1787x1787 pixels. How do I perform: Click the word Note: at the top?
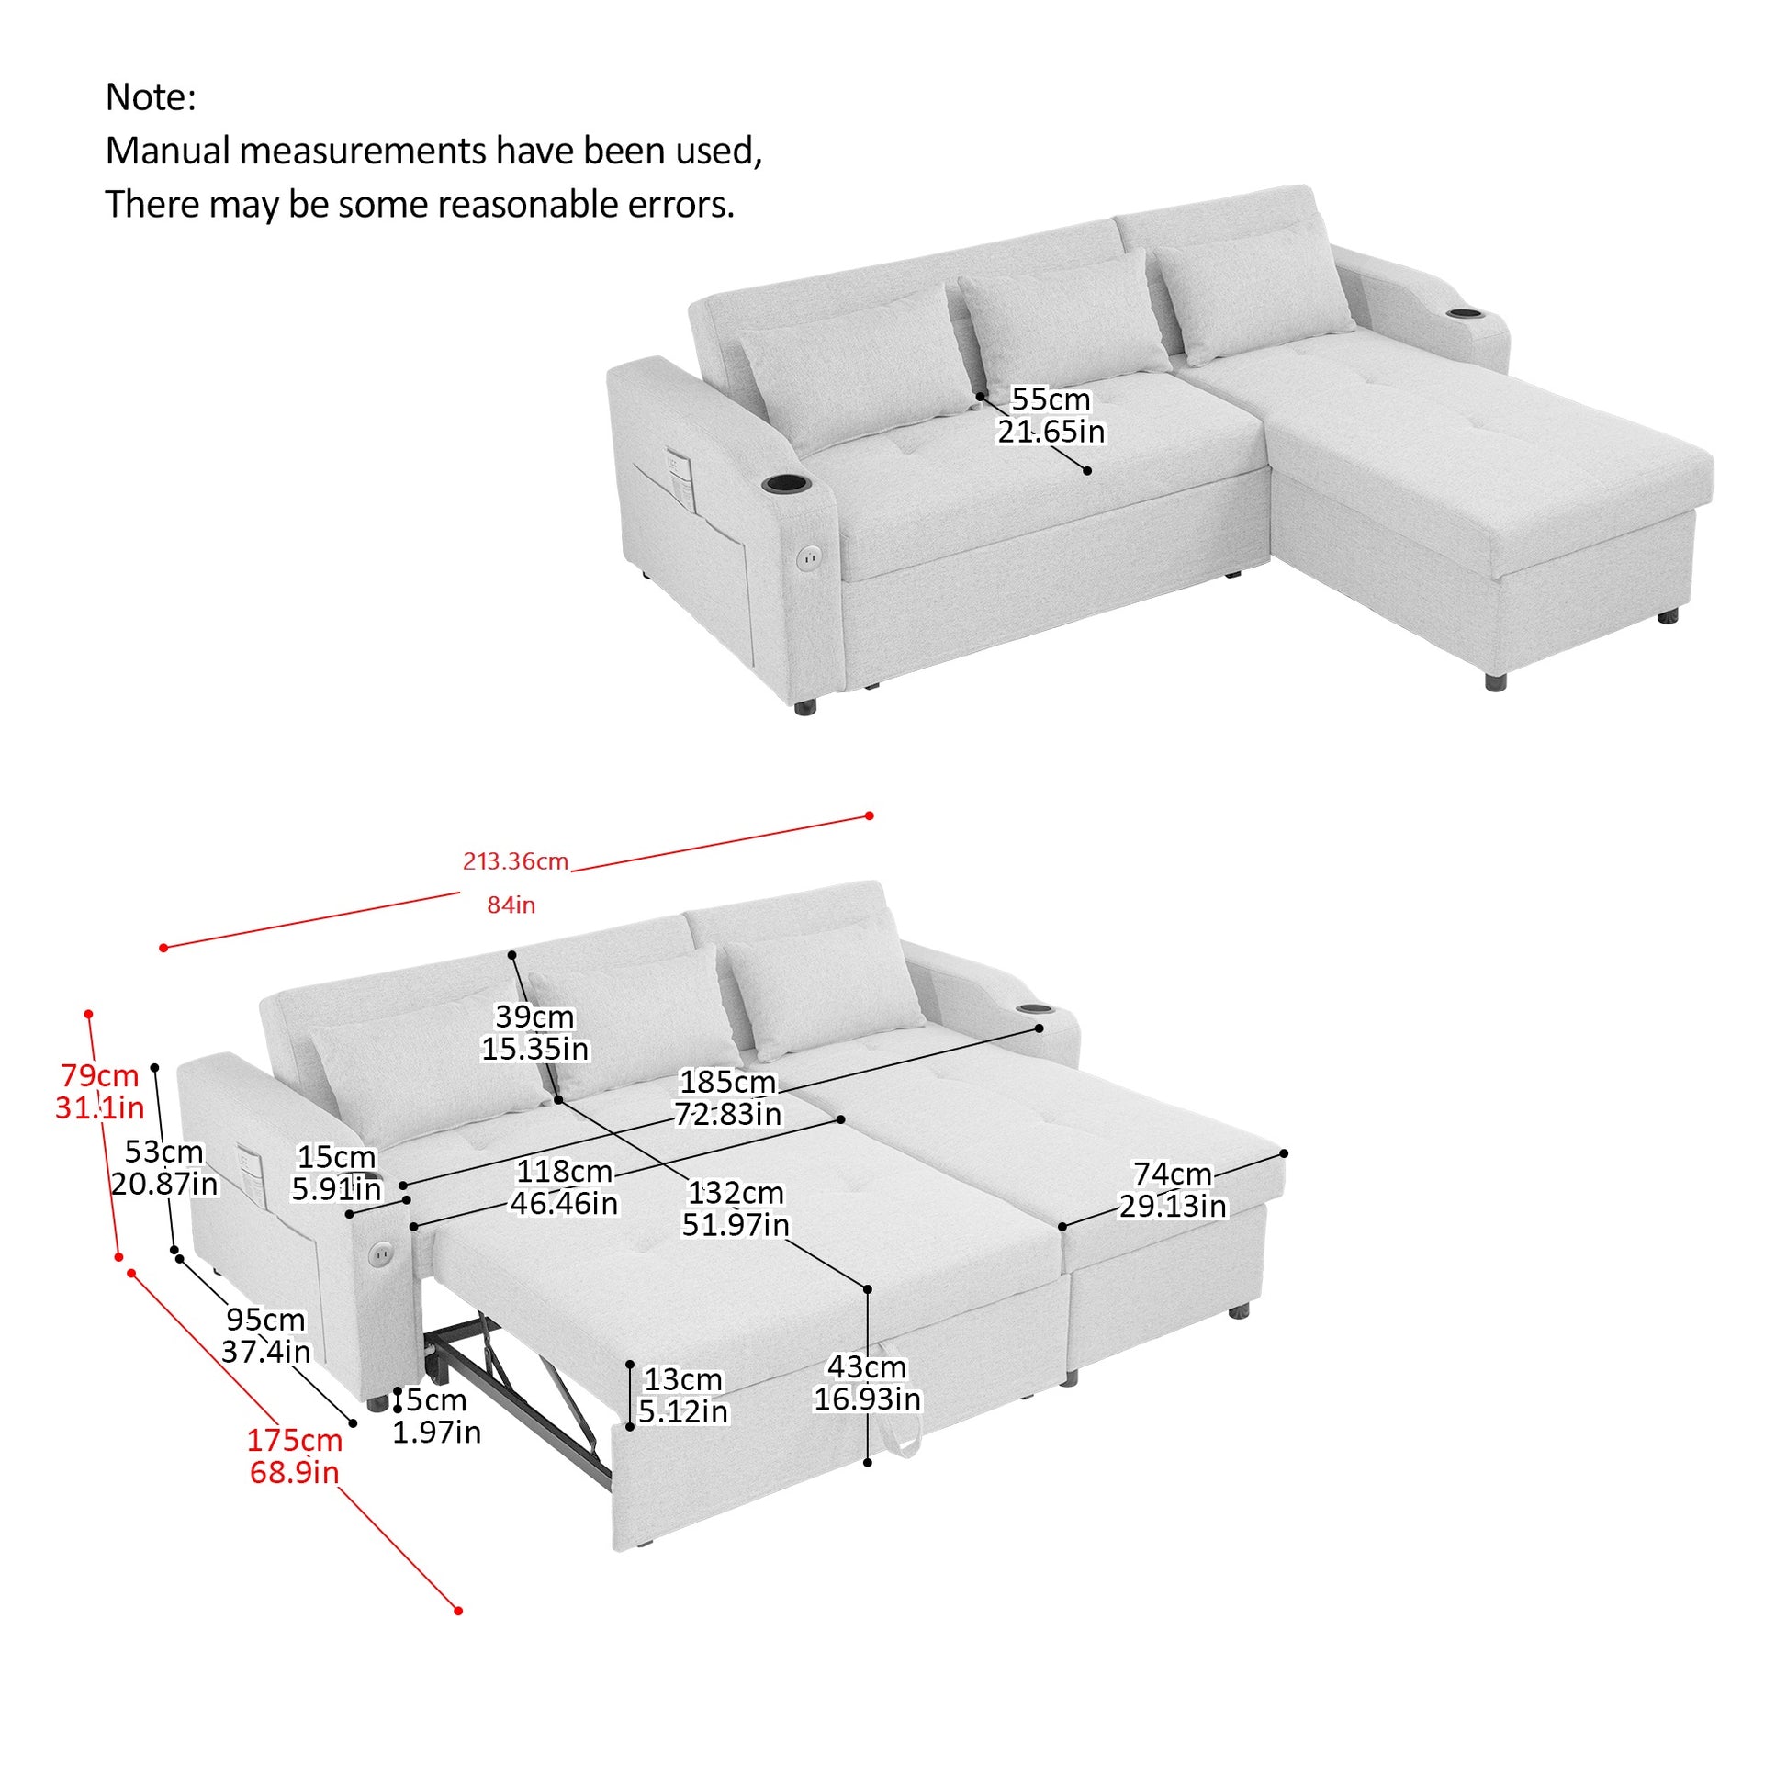click(151, 97)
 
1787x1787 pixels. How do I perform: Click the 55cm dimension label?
click(1051, 399)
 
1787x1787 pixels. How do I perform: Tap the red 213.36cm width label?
click(515, 861)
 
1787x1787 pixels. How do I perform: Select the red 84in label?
click(511, 905)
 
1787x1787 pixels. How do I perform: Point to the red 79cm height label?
click(99, 1074)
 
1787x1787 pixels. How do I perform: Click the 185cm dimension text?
click(728, 1081)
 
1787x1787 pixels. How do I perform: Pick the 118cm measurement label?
click(564, 1171)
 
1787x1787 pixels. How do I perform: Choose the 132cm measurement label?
click(736, 1192)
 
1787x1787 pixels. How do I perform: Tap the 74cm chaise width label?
click(1172, 1174)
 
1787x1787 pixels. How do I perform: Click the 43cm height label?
click(867, 1366)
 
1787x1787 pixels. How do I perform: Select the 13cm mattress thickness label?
click(682, 1379)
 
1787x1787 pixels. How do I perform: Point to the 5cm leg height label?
click(434, 1399)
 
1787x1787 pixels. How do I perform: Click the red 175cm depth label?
click(294, 1440)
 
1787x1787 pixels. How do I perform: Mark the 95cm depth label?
click(265, 1319)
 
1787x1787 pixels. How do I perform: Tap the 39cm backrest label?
click(534, 1017)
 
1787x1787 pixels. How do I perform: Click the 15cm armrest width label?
click(336, 1156)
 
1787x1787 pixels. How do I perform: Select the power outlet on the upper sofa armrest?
click(809, 557)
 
